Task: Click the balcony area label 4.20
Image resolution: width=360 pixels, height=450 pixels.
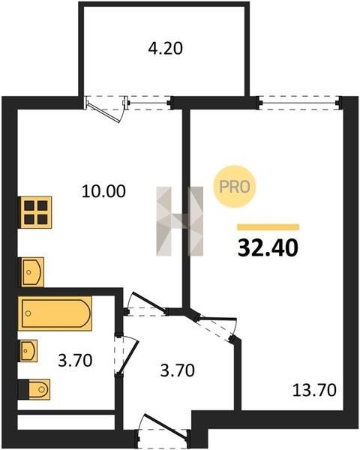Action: click(x=165, y=48)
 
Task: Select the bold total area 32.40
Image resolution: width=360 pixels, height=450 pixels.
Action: click(x=268, y=248)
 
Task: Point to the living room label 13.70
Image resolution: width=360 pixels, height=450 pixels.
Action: click(x=314, y=390)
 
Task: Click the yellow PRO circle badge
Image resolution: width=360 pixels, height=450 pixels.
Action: click(x=235, y=187)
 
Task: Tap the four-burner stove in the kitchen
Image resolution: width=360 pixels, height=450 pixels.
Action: click(x=36, y=212)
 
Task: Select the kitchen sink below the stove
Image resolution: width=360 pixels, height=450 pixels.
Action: click(x=32, y=271)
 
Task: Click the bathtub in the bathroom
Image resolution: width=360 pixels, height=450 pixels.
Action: click(x=55, y=313)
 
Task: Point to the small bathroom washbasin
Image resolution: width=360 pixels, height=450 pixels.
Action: click(x=28, y=350)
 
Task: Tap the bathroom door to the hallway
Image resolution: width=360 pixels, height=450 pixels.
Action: click(x=126, y=355)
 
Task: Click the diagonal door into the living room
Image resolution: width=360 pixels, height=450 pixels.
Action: click(x=214, y=326)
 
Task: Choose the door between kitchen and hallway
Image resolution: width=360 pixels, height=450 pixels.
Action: click(x=147, y=305)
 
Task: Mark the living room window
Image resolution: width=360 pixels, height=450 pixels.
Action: click(x=298, y=103)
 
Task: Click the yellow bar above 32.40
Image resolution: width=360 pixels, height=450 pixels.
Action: click(x=268, y=227)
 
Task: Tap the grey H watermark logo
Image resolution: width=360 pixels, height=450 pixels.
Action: click(x=180, y=221)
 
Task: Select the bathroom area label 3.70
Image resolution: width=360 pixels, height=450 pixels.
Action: click(x=75, y=361)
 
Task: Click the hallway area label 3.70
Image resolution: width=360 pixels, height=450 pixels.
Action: click(x=178, y=370)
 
